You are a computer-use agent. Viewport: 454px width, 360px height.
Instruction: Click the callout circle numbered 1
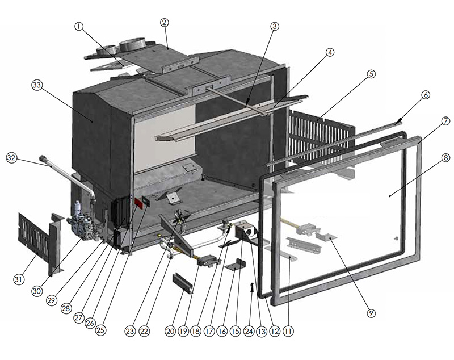(x=79, y=27)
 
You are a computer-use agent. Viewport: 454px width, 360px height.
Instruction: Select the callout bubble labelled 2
(x=164, y=23)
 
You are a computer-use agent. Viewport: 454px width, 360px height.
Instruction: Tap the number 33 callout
(x=37, y=85)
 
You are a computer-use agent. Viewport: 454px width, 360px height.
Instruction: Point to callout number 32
(x=11, y=158)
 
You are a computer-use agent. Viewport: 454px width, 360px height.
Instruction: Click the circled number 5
(x=371, y=74)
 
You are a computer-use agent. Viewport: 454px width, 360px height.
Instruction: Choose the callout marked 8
(x=446, y=158)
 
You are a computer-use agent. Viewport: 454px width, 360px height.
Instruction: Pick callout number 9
(x=371, y=313)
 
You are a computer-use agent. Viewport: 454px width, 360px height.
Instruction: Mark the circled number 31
(x=18, y=279)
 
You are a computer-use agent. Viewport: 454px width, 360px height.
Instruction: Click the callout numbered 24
(x=249, y=331)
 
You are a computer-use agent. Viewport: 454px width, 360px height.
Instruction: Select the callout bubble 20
(x=170, y=331)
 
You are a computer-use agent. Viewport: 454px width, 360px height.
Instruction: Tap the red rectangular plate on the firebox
(x=138, y=203)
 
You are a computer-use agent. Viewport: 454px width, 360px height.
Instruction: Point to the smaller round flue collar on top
(x=106, y=50)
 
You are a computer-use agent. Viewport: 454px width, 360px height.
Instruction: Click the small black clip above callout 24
(x=251, y=287)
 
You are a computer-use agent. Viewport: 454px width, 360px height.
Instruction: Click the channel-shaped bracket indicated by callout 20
(x=183, y=283)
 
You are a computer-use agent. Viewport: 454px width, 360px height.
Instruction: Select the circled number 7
(x=445, y=121)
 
